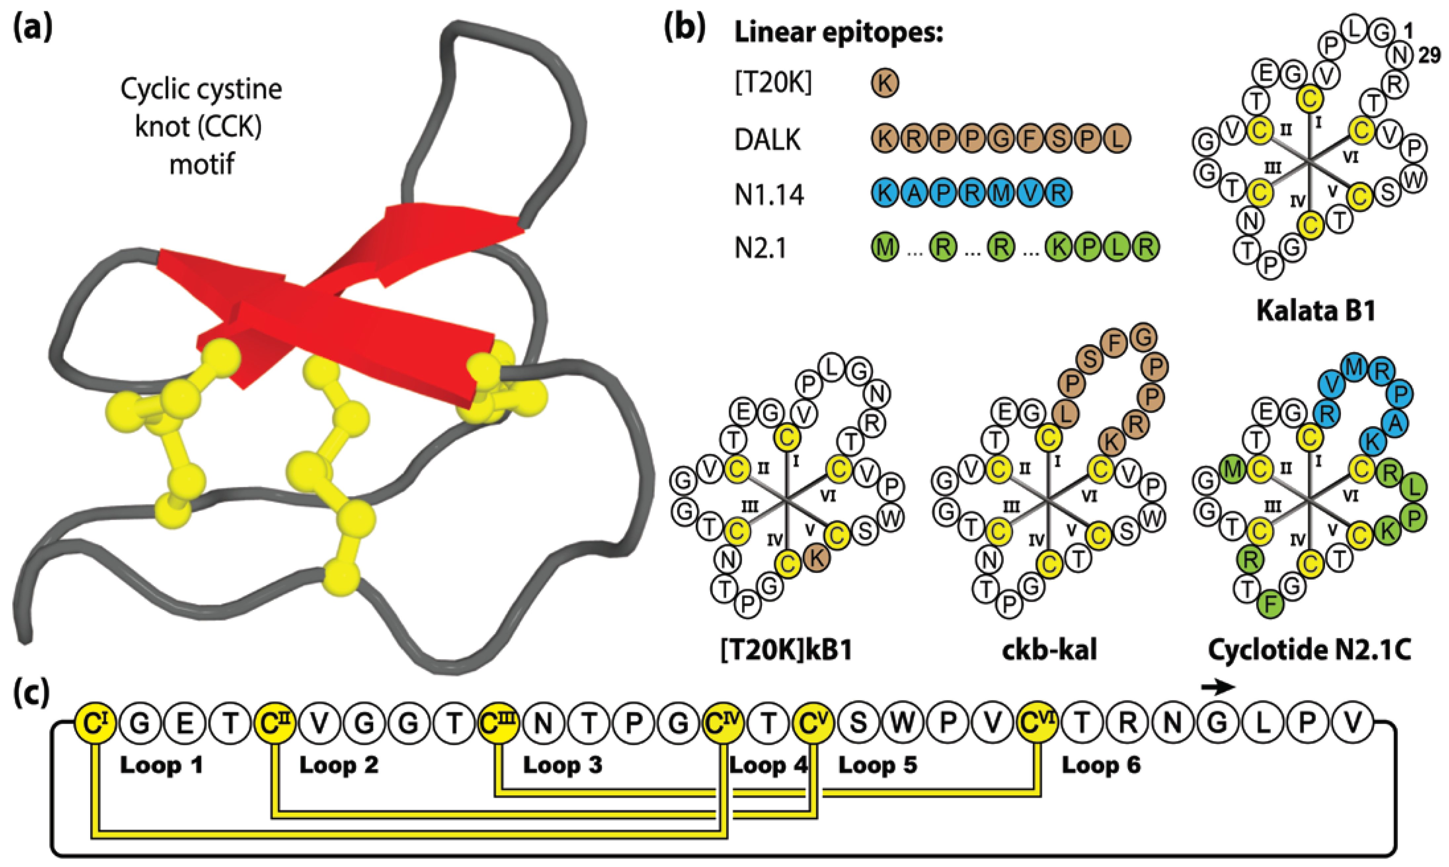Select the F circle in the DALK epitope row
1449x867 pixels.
pyautogui.click(x=1029, y=139)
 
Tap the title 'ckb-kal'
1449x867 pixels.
pyautogui.click(x=1049, y=649)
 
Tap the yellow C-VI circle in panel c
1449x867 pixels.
pyautogui.click(x=1038, y=723)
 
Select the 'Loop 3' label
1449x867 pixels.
pyautogui.click(x=562, y=765)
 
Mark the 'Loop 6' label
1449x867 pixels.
pyautogui.click(x=1101, y=765)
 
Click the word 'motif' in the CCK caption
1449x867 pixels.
pyautogui.click(x=202, y=165)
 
